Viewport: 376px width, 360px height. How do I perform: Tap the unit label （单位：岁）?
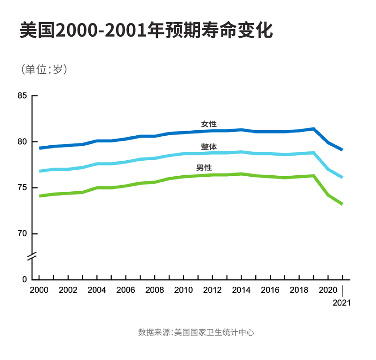45,69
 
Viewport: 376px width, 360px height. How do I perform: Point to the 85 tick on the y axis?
22,96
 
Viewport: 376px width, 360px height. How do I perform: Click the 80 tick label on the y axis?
22,142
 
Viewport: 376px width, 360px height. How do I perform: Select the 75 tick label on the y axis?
22,188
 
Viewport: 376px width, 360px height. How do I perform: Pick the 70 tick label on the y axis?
22,234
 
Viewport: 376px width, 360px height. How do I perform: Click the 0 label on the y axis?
25,280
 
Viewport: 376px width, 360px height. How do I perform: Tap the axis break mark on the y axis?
32,257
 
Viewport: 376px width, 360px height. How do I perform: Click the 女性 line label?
209,124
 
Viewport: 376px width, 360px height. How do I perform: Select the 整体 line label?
209,146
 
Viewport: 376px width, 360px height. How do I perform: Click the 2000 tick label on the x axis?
39,290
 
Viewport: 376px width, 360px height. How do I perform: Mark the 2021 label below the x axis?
342,303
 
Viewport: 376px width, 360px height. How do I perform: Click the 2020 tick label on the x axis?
328,290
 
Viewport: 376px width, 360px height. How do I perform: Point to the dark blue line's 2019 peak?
313,129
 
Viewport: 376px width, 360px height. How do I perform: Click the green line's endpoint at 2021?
342,204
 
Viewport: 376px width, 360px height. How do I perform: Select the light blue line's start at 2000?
39,171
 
